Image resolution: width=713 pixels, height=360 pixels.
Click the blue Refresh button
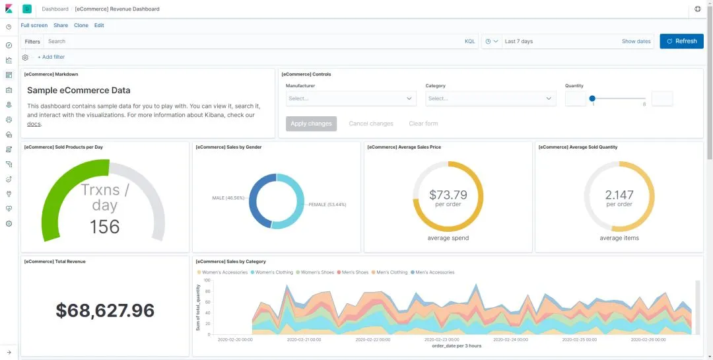click(x=681, y=41)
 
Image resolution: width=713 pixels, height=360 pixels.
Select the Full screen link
click(x=34, y=25)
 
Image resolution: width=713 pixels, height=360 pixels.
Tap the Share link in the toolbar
click(x=61, y=25)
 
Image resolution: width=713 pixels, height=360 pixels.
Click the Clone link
click(x=81, y=25)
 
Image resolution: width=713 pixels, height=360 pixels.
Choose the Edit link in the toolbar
click(x=99, y=25)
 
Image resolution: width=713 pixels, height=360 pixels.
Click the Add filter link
click(x=51, y=57)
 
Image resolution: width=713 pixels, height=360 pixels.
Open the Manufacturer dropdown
click(x=351, y=98)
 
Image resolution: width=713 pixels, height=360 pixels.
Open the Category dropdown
click(x=491, y=98)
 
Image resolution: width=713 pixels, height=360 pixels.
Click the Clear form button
click(x=423, y=124)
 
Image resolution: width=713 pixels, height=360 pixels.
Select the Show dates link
click(x=636, y=41)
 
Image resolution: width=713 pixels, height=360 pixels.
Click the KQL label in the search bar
click(x=469, y=41)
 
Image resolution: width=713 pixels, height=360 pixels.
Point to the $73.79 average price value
click(x=448, y=195)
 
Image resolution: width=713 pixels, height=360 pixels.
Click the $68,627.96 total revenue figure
click(x=105, y=310)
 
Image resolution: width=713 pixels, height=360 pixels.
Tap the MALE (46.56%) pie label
click(x=228, y=198)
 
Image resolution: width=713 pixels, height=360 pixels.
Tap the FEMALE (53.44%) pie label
click(x=327, y=205)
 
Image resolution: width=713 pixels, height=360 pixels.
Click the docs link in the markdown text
click(x=34, y=124)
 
